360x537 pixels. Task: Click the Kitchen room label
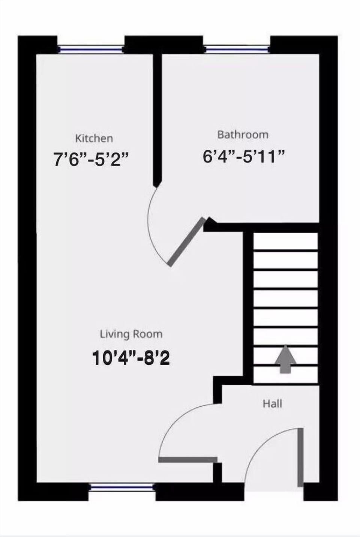click(94, 138)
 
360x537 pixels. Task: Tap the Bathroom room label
click(243, 134)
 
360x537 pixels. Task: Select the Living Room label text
click(131, 334)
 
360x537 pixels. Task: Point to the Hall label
click(272, 404)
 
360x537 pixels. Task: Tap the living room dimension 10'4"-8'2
click(130, 358)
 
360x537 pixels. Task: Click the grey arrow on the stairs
click(285, 359)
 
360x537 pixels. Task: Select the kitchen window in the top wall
click(90, 49)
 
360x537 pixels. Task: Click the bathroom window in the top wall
click(237, 48)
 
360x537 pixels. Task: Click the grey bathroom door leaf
click(187, 242)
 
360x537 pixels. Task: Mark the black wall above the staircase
click(262, 227)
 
